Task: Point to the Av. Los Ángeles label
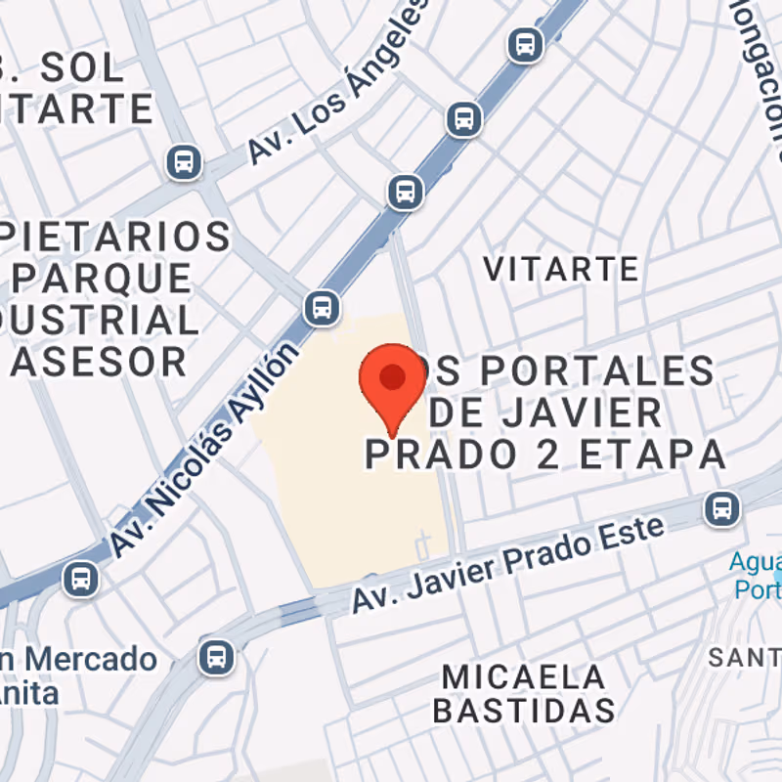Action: pyautogui.click(x=338, y=83)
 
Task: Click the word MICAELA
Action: pyautogui.click(x=523, y=676)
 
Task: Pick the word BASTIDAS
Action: pyautogui.click(x=523, y=711)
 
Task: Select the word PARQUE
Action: pyautogui.click(x=103, y=279)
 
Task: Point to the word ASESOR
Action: pyautogui.click(x=98, y=362)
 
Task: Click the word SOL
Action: pyautogui.click(x=84, y=68)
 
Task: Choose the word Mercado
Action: pyautogui.click(x=92, y=659)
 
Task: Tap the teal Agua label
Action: pyautogui.click(x=755, y=563)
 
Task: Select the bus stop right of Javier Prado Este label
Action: pyautogui.click(x=721, y=507)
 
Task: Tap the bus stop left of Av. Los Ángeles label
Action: pyautogui.click(x=184, y=161)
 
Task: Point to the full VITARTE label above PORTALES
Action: pyautogui.click(x=561, y=268)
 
